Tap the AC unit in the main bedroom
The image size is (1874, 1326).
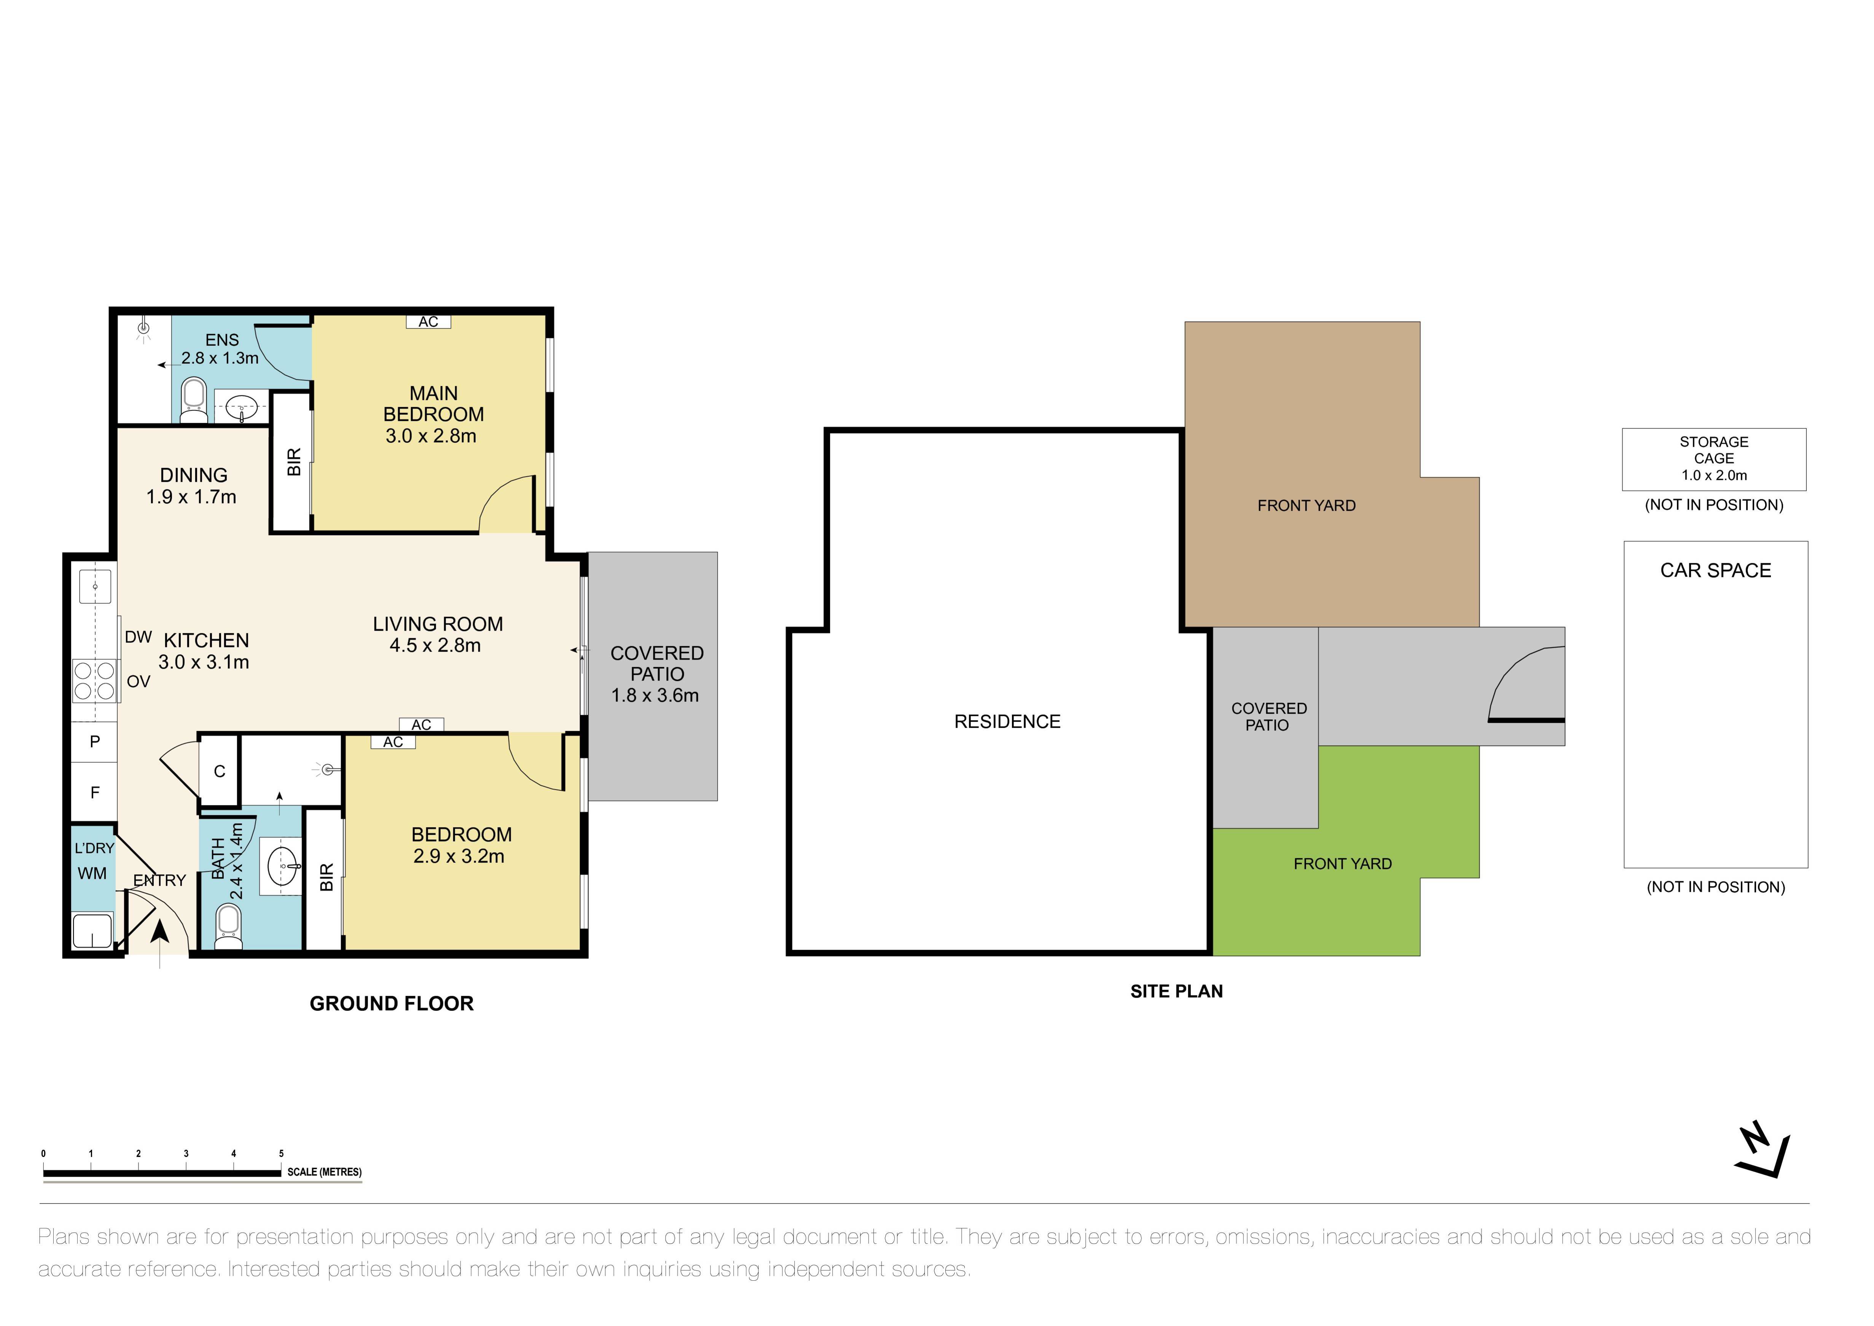pyautogui.click(x=429, y=322)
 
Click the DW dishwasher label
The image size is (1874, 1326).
pyautogui.click(x=138, y=637)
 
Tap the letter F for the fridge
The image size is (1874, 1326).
pyautogui.click(x=95, y=792)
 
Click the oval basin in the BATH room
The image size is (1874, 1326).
pyautogui.click(x=282, y=866)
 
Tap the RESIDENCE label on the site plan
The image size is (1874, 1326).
pyautogui.click(x=1007, y=722)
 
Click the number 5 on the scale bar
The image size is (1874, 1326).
pyautogui.click(x=281, y=1154)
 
